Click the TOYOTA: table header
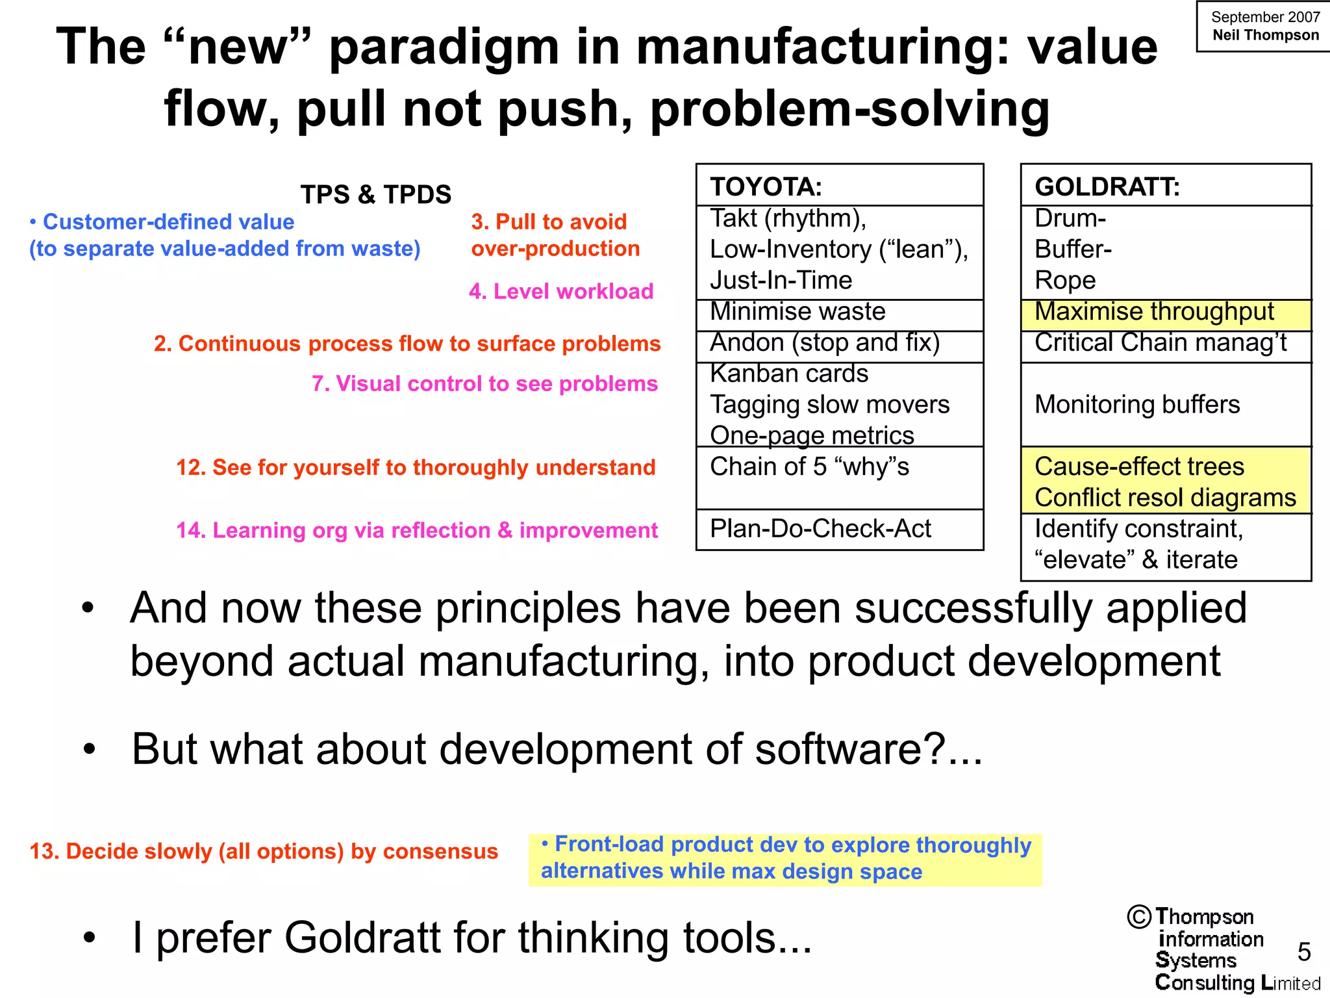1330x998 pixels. coord(766,187)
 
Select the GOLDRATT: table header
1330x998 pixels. coord(1107,187)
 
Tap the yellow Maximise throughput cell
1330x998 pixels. coord(1154,312)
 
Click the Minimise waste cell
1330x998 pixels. coord(797,312)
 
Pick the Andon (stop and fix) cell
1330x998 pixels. coord(825,343)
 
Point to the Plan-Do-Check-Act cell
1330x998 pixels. coord(820,529)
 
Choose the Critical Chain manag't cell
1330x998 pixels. coord(1161,343)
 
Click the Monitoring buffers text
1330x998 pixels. coord(1137,405)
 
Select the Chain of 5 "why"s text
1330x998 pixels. coord(809,467)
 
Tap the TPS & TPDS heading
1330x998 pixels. coord(375,195)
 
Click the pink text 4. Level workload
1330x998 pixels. coord(561,292)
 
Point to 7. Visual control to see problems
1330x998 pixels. coord(484,384)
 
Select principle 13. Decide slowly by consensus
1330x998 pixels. coord(264,851)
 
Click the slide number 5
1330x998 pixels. coord(1304,952)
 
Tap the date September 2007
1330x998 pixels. coord(1265,18)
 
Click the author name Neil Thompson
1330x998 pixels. coord(1265,36)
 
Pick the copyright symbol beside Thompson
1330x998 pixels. coord(1140,917)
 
